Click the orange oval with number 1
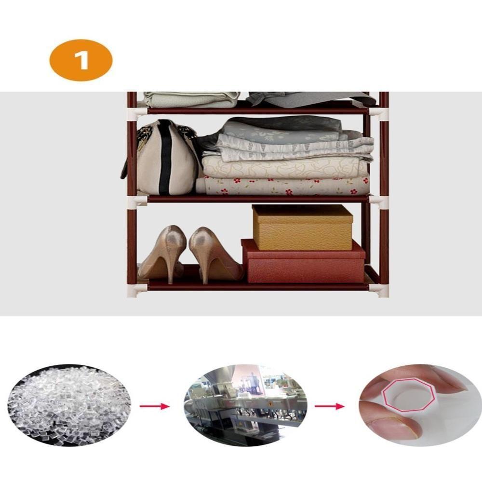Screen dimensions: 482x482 tap(81, 60)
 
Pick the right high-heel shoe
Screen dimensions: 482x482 tap(214, 254)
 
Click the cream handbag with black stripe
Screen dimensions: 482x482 tap(160, 158)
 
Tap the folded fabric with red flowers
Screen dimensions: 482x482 tap(283, 186)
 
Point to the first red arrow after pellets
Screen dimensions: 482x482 tap(155, 406)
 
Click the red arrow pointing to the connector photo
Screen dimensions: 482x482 tap(330, 406)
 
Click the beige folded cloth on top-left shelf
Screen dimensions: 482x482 tap(191, 99)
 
